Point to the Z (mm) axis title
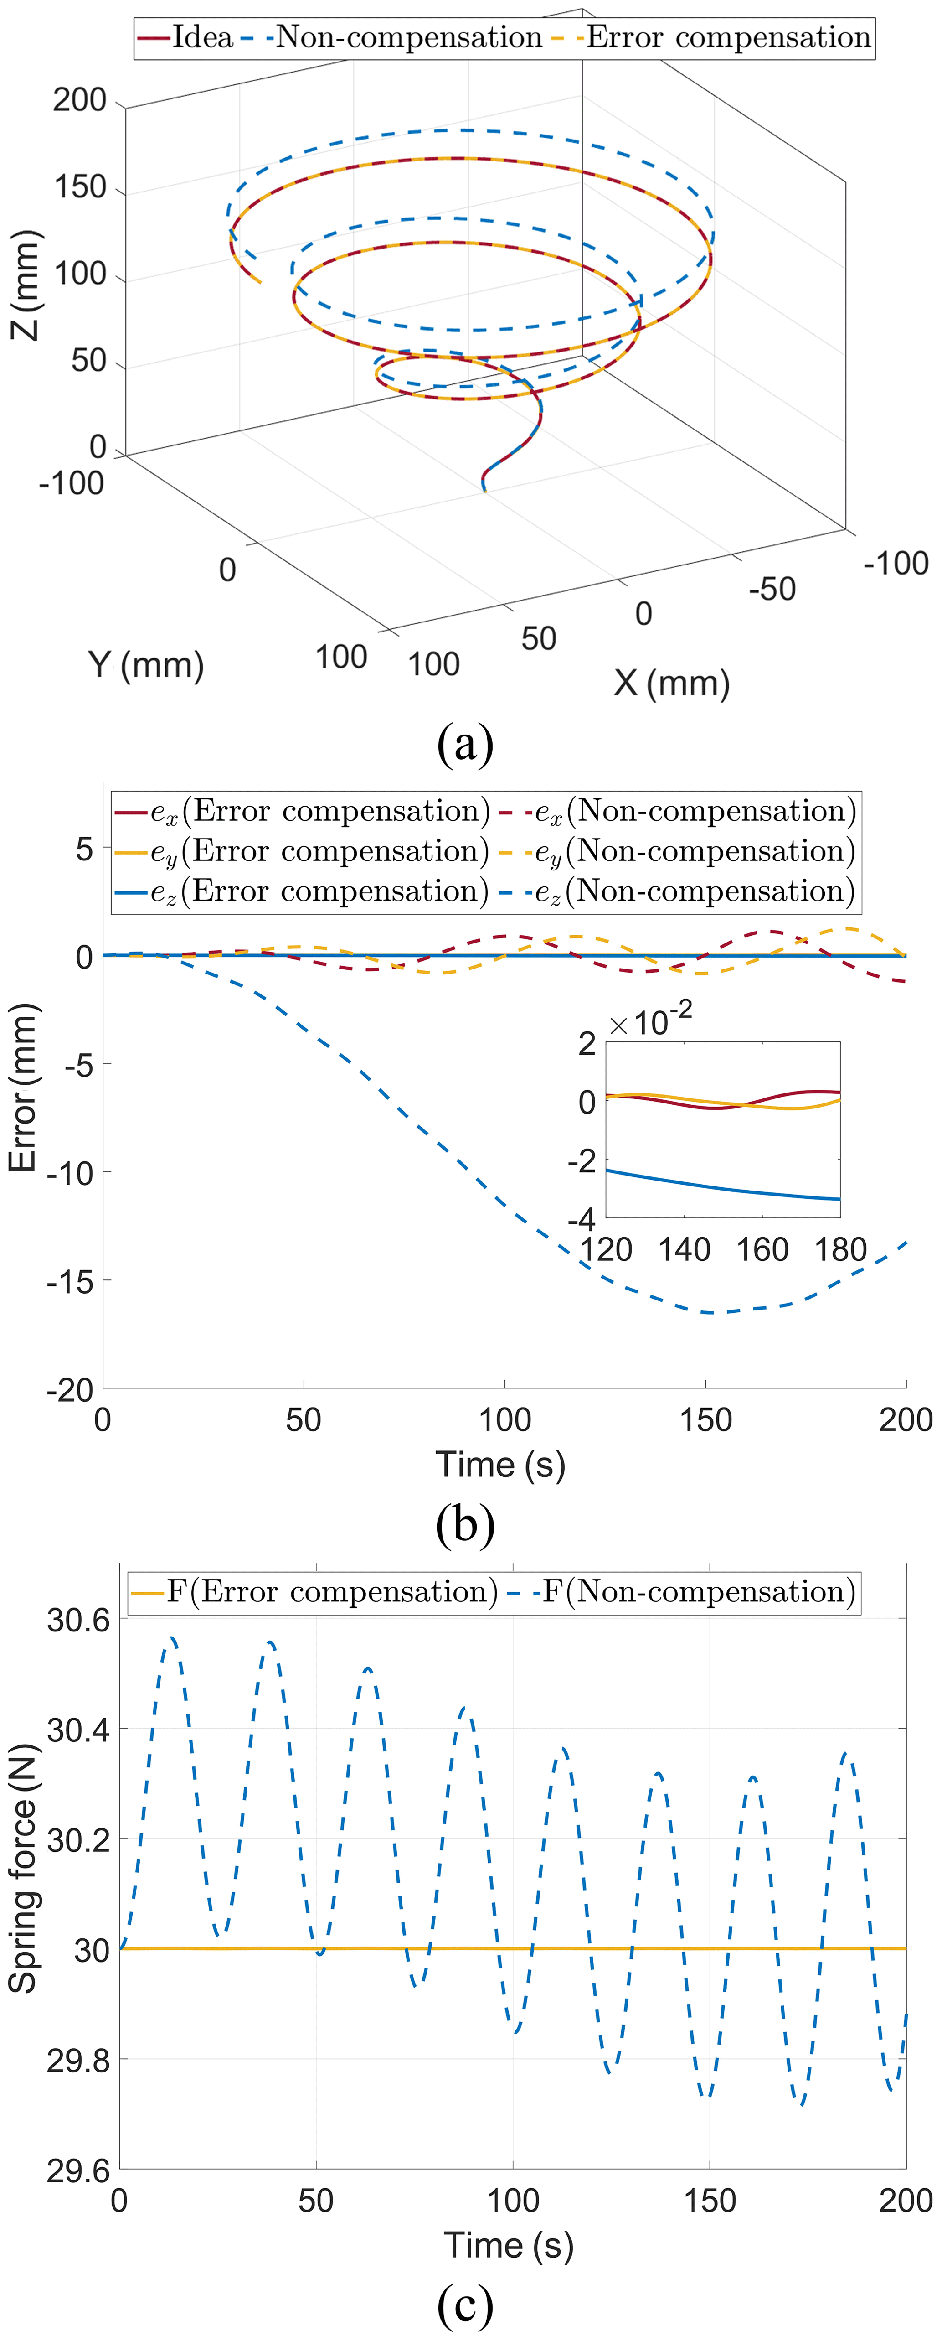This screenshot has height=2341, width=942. pyautogui.click(x=26, y=285)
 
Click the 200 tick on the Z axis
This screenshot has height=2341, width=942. pyautogui.click(x=80, y=100)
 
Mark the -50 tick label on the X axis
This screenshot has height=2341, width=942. pyautogui.click(x=772, y=589)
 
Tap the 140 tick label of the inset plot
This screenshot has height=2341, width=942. pyautogui.click(x=684, y=1249)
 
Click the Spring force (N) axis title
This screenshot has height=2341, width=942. pyautogui.click(x=24, y=1869)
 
